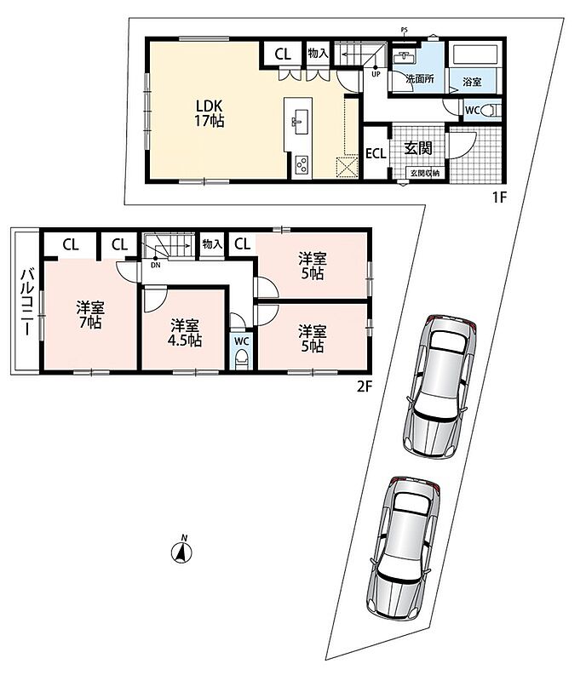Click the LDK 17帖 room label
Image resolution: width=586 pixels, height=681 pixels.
click(x=209, y=113)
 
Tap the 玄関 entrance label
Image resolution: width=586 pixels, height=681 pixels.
click(x=418, y=148)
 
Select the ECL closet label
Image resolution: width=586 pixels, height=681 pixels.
click(x=376, y=154)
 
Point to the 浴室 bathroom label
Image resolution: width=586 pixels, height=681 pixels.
click(x=472, y=81)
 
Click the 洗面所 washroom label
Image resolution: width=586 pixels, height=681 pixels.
click(x=420, y=78)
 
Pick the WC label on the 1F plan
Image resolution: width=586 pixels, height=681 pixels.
click(x=472, y=111)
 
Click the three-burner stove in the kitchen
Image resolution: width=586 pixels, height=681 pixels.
click(x=302, y=164)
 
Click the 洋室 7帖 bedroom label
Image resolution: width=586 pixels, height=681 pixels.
click(x=90, y=315)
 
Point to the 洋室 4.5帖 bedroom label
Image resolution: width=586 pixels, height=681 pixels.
click(x=185, y=333)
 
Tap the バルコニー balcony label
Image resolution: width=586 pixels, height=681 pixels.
click(x=26, y=302)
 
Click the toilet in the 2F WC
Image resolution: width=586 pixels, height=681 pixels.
click(x=241, y=360)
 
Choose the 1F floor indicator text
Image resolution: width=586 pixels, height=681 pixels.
click(x=499, y=197)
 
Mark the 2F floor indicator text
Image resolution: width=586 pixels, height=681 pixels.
click(x=365, y=386)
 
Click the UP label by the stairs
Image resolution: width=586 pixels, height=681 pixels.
click(x=376, y=74)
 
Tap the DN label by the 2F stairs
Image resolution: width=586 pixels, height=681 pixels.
click(x=155, y=265)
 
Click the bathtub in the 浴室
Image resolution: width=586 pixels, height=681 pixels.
click(x=474, y=55)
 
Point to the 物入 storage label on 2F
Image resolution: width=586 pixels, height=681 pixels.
click(x=212, y=244)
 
